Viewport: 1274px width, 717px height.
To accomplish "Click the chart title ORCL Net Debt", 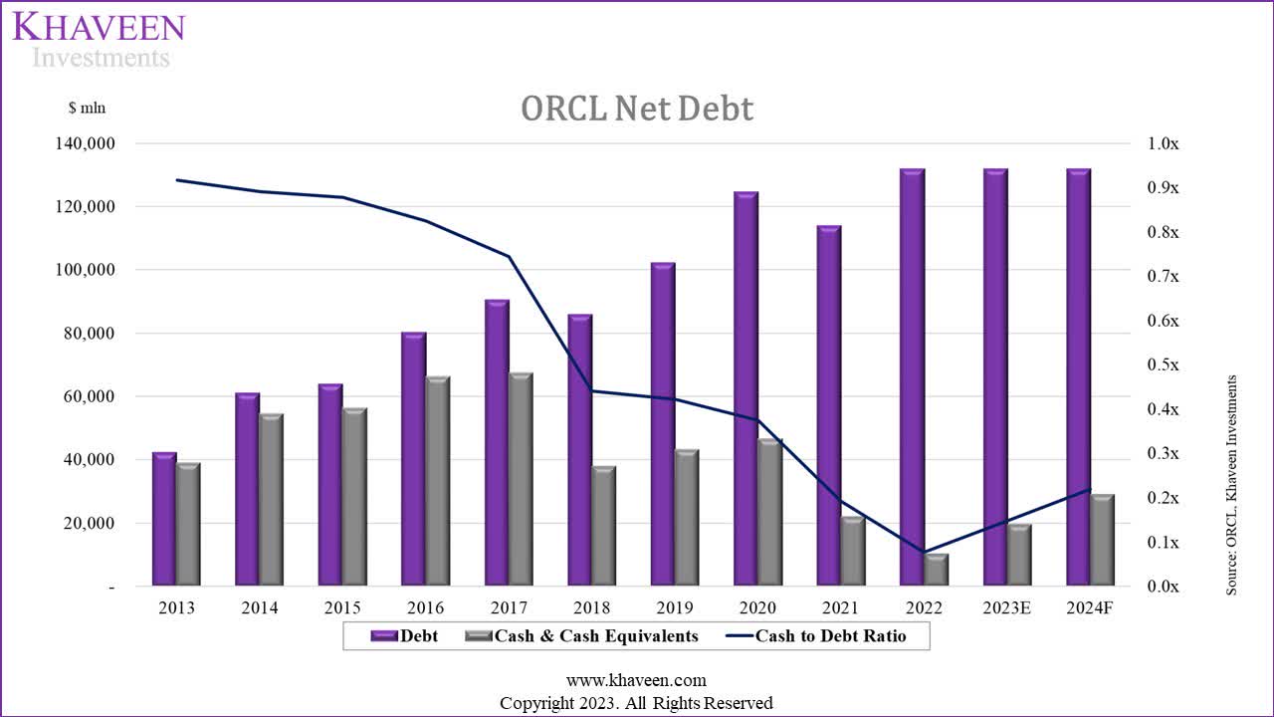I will (x=637, y=109).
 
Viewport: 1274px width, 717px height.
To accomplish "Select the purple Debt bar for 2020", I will (x=746, y=388).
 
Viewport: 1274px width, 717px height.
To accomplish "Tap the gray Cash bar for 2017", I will (x=521, y=479).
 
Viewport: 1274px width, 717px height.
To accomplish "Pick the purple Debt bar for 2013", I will (x=164, y=519).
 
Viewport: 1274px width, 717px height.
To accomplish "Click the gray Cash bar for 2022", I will (x=937, y=570).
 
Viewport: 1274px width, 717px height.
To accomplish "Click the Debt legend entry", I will (x=404, y=635).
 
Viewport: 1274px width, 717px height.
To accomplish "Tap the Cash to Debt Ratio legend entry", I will (x=816, y=635).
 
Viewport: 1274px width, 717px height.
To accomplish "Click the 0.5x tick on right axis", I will (x=1162, y=365).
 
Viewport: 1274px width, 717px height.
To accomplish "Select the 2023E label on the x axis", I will (x=1006, y=607).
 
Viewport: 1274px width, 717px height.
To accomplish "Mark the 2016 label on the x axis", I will (x=426, y=607).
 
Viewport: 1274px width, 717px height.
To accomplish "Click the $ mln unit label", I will (x=87, y=108).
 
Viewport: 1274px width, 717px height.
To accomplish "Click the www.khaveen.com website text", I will (x=636, y=680).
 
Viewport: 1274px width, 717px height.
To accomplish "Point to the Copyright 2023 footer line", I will (x=636, y=703).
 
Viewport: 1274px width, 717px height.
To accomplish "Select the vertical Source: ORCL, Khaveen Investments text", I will (x=1231, y=485).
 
